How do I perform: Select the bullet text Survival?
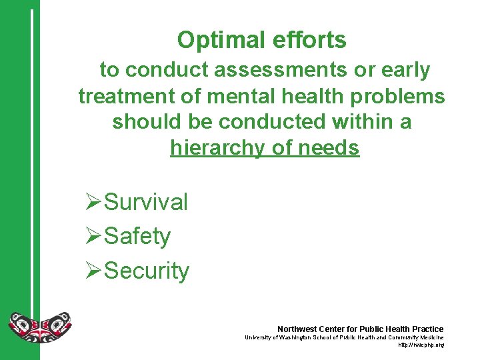tap(146, 202)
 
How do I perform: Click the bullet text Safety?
tap(137, 236)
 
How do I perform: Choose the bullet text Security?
tap(147, 271)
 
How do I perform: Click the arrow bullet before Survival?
tap(95, 202)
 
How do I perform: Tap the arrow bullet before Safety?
tap(95, 236)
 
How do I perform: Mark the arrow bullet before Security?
tap(95, 271)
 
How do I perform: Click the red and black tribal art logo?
tap(39, 326)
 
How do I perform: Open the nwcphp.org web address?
tap(421, 345)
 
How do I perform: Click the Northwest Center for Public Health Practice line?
tap(360, 329)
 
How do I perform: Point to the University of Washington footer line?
tap(344, 338)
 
